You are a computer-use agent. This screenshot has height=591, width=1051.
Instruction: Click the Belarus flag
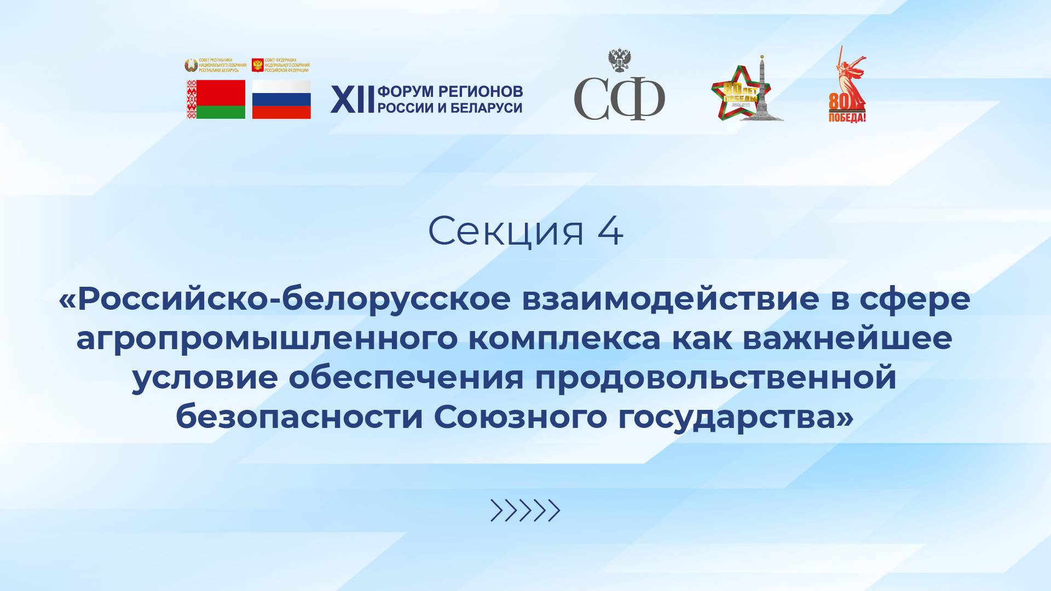tap(216, 100)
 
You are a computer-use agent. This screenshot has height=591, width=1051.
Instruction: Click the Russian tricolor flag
tap(281, 100)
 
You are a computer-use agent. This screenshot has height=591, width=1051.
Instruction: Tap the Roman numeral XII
tap(352, 100)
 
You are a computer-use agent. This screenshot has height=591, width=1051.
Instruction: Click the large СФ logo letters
tap(619, 99)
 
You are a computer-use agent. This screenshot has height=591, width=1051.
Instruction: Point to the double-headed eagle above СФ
tap(620, 60)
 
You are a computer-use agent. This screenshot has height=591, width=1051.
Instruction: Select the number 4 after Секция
tap(610, 231)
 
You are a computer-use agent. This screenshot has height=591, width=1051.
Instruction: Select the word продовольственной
tap(715, 378)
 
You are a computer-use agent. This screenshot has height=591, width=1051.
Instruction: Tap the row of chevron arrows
tap(525, 510)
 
